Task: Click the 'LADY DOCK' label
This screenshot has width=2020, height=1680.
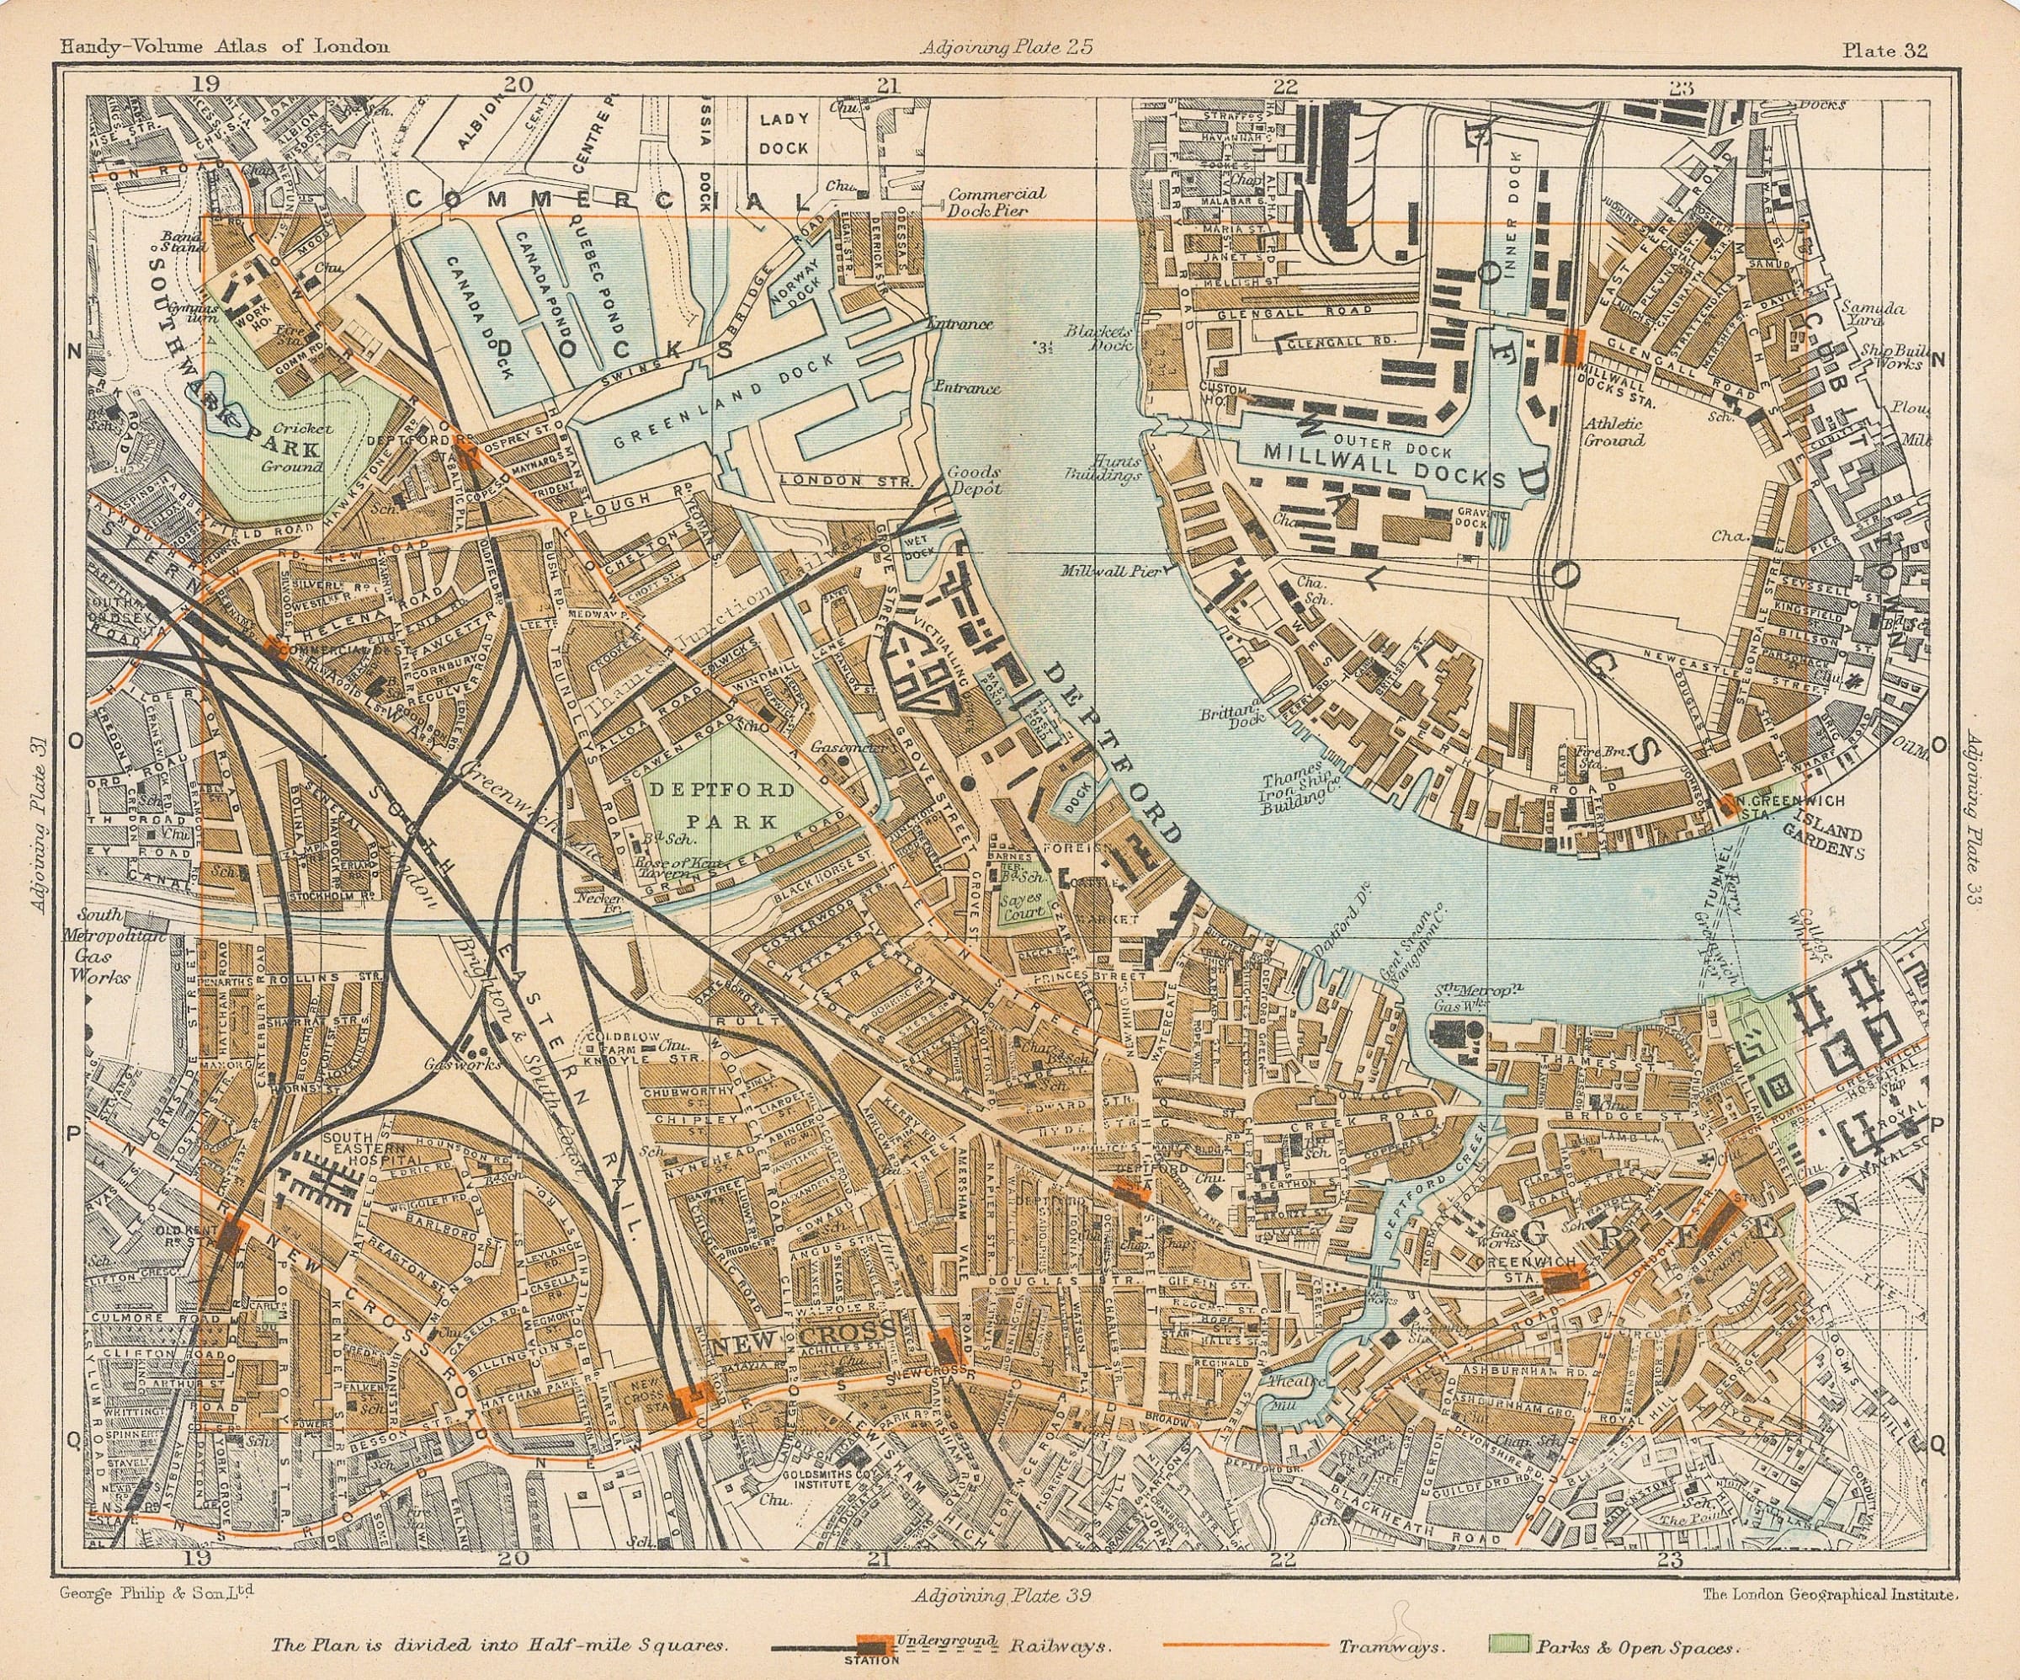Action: pos(784,134)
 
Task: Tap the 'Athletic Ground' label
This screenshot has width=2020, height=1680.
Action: pos(1613,432)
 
